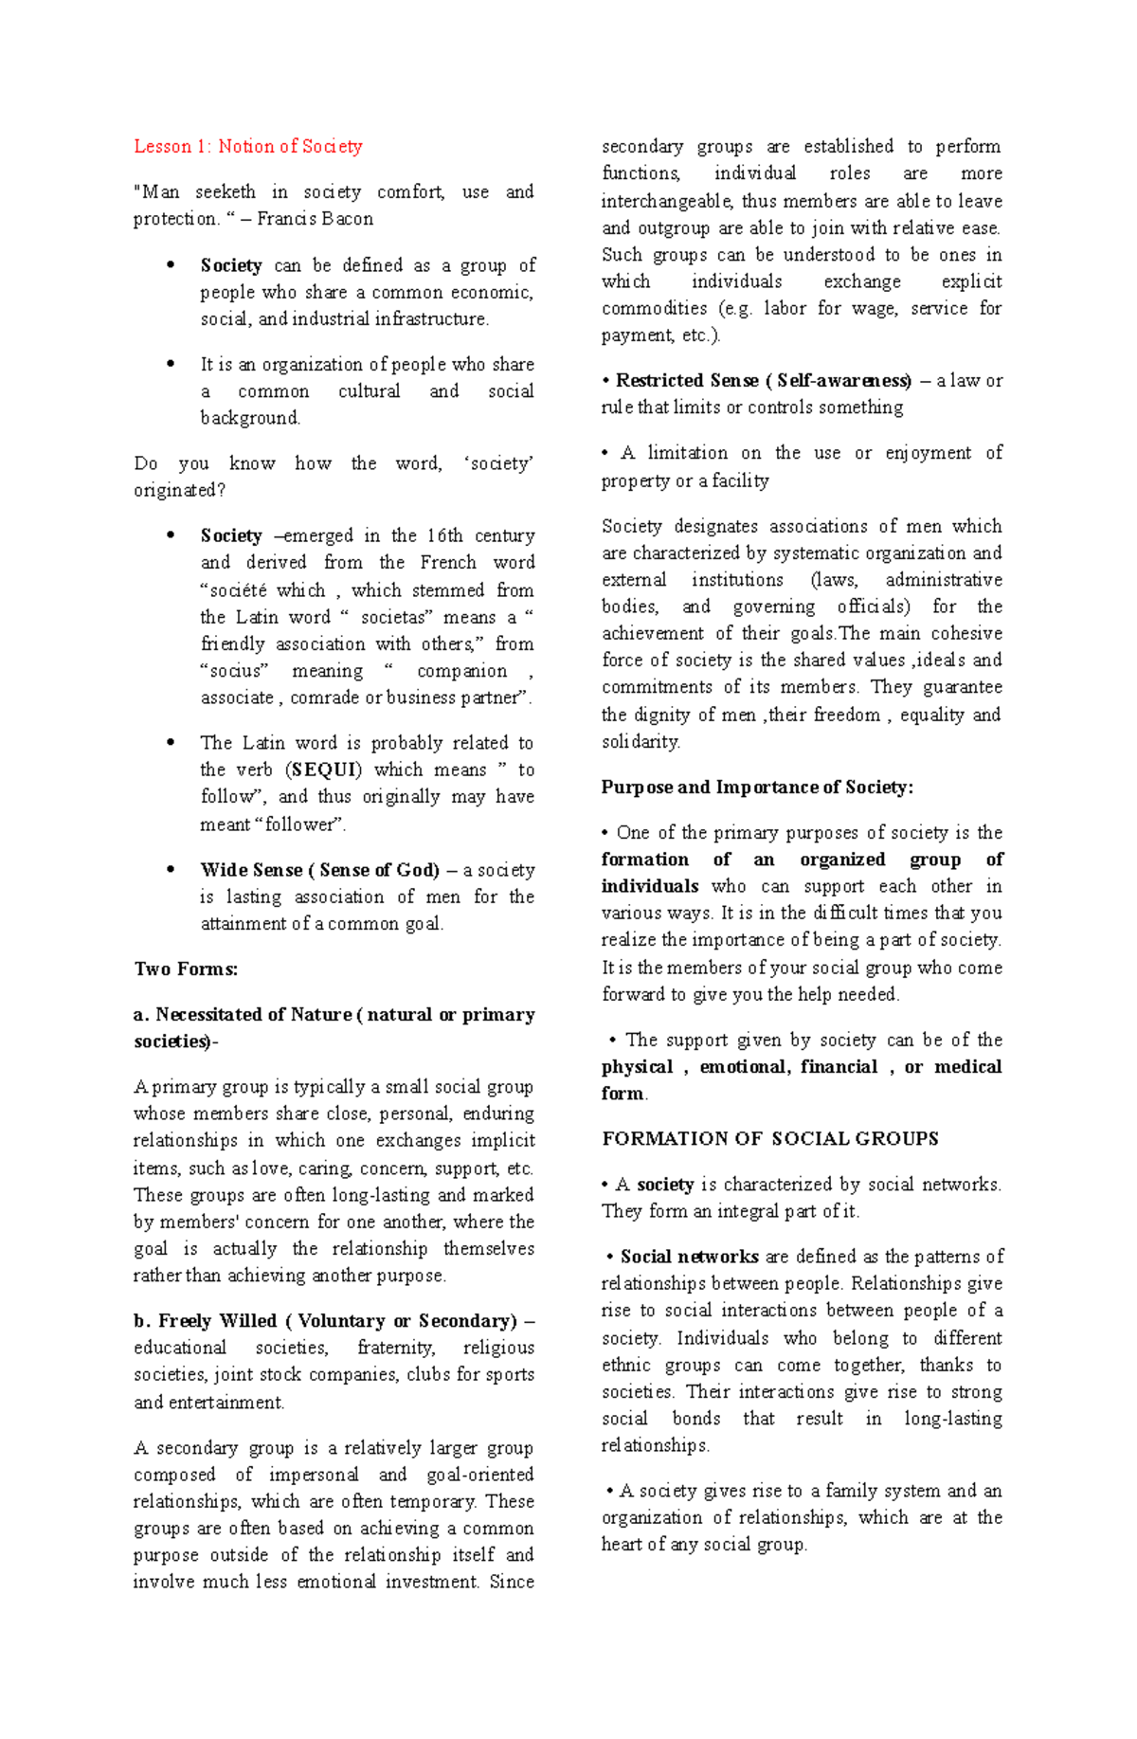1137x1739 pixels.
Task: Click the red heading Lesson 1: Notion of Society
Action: click(247, 147)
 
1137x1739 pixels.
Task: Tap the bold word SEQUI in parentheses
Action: click(325, 770)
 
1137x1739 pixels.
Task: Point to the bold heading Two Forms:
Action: click(186, 969)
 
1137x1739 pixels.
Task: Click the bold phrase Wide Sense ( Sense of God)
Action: click(319, 870)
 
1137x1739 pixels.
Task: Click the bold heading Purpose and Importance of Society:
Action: click(757, 788)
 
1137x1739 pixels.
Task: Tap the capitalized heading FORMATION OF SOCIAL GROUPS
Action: click(769, 1139)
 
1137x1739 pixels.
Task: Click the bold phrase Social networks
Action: click(689, 1258)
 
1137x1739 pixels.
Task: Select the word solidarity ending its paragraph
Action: click(640, 742)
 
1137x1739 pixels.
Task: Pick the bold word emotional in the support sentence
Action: click(743, 1067)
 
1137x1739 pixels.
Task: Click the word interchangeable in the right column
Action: click(666, 201)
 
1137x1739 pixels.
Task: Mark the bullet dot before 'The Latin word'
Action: click(171, 743)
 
